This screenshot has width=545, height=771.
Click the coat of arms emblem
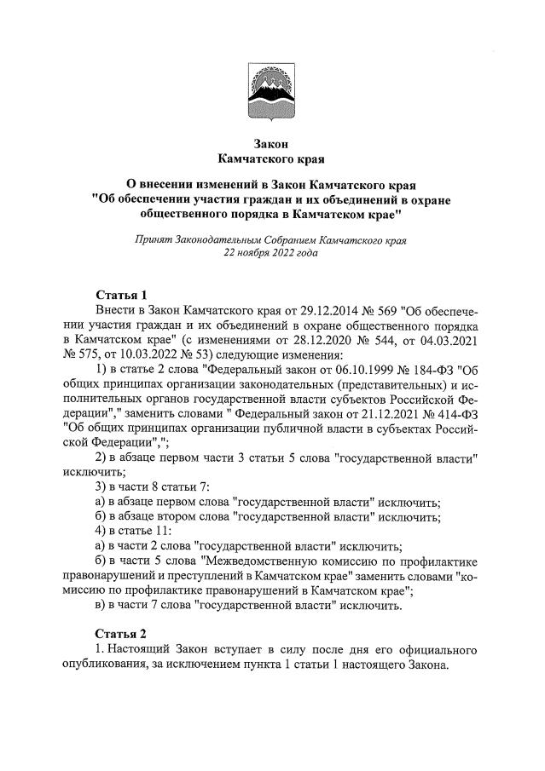272,93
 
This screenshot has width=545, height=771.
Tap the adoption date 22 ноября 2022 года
271,253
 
